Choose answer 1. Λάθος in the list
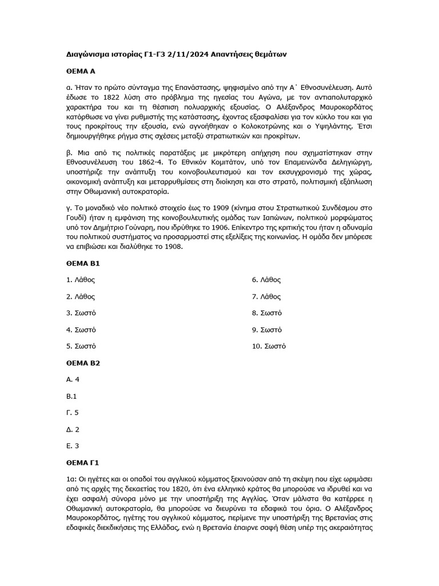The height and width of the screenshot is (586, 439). (81, 280)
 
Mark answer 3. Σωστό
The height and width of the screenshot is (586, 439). (81, 313)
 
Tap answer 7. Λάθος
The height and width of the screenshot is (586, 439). (266, 296)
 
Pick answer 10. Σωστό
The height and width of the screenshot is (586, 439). (269, 346)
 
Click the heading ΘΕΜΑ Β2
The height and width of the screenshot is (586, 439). (83, 363)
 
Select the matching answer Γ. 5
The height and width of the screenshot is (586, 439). (73, 412)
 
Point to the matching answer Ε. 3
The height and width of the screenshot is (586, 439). (73, 445)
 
